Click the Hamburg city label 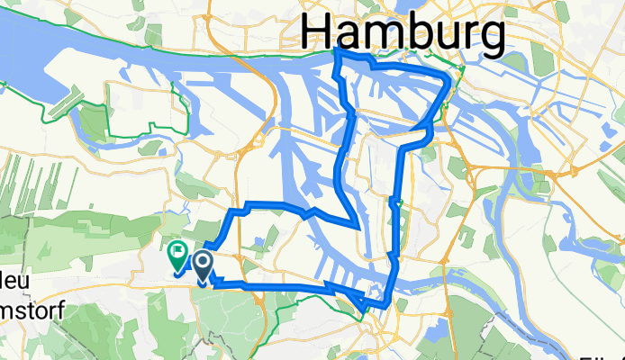coord(403,34)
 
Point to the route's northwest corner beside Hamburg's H coord(336,53)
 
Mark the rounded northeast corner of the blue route coord(448,83)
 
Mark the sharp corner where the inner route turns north coord(358,225)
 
